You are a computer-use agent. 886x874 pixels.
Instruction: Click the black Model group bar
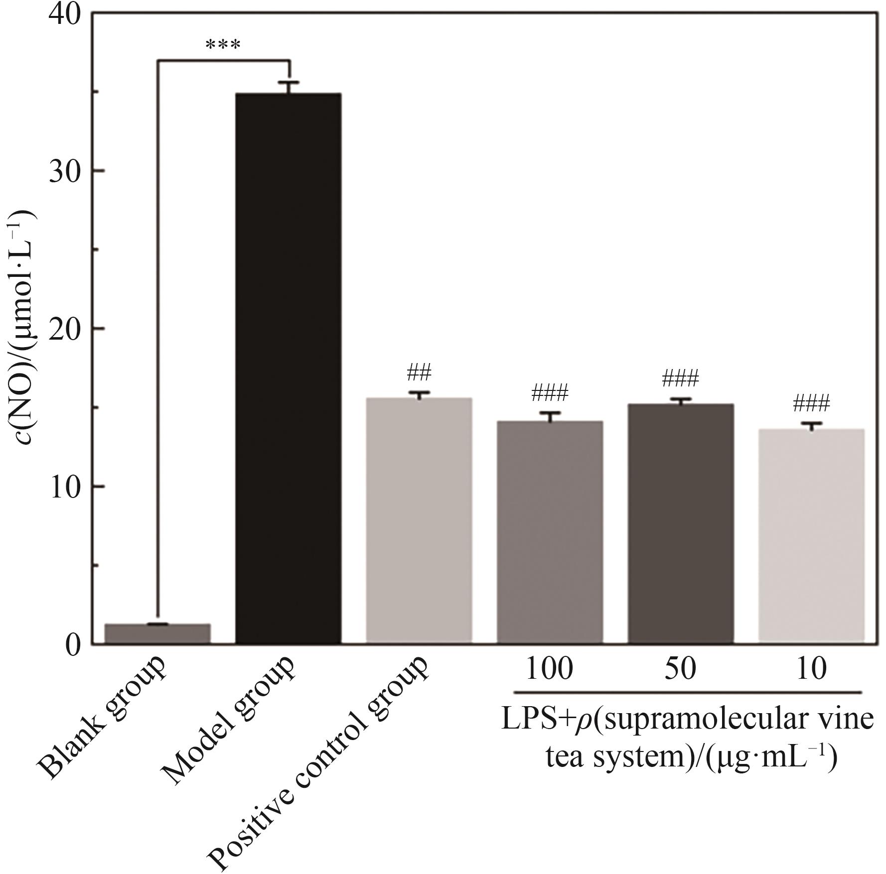click(x=288, y=369)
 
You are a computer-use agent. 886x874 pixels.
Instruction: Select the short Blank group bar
click(x=157, y=633)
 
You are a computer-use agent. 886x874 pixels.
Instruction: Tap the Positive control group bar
click(x=419, y=520)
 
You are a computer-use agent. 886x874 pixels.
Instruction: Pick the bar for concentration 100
click(x=550, y=532)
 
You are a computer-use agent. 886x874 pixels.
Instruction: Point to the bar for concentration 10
click(x=811, y=536)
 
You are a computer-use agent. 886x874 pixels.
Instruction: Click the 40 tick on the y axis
click(x=65, y=15)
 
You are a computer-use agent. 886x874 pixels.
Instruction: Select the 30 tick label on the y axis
click(x=65, y=172)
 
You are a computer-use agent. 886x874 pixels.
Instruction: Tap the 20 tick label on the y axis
click(x=65, y=329)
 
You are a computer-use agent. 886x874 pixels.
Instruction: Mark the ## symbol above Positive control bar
click(x=419, y=372)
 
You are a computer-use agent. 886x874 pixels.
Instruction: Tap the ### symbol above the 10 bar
click(x=811, y=403)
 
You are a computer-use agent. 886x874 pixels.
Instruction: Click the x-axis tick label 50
click(x=680, y=668)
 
